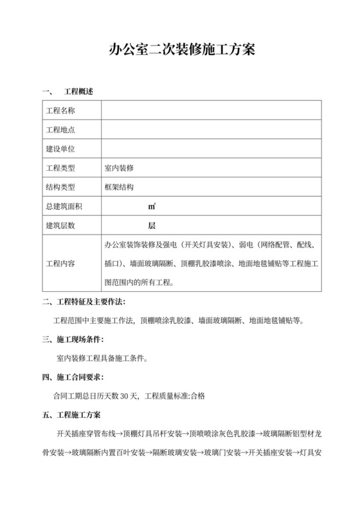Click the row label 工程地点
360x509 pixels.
tap(60, 130)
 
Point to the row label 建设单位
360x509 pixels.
tap(60, 149)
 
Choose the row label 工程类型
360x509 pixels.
tap(60, 168)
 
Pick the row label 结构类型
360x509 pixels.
tap(60, 188)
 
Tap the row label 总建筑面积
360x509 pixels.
tap(64, 207)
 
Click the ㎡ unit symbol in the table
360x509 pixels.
tap(152, 207)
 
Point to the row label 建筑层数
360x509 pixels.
tap(60, 226)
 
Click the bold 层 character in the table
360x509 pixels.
tap(152, 226)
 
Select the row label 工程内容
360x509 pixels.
tap(60, 264)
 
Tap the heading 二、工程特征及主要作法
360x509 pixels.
tap(84, 302)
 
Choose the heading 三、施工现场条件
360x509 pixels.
tap(73, 339)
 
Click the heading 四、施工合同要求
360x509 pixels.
tap(73, 377)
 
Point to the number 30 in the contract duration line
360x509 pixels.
tap(125, 396)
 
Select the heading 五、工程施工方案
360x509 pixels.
tap(75, 415)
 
